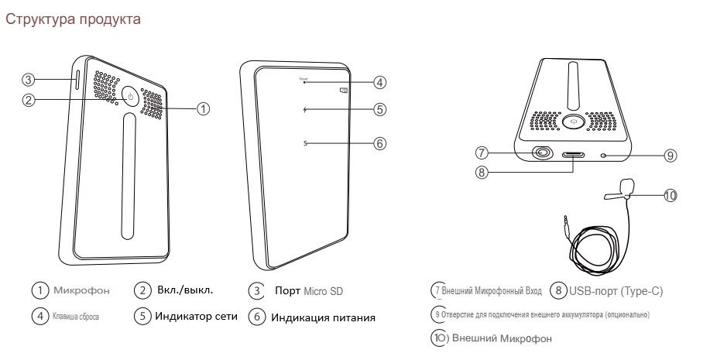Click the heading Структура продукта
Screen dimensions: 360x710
(x=73, y=19)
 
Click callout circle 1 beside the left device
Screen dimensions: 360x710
(x=202, y=108)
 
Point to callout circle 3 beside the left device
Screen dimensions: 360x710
(x=29, y=79)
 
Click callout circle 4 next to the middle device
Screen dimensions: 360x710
(x=379, y=81)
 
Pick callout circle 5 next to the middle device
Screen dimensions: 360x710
(x=379, y=109)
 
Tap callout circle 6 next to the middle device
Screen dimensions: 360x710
(x=379, y=143)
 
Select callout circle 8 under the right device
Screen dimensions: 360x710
(x=482, y=173)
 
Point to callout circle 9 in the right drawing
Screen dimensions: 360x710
(x=671, y=156)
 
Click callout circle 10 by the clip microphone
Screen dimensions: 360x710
(x=671, y=195)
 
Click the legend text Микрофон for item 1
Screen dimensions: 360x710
(x=81, y=290)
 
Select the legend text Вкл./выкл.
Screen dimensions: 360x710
(x=184, y=290)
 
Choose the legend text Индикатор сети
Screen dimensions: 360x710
(x=197, y=316)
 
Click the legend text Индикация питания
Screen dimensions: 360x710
(x=323, y=317)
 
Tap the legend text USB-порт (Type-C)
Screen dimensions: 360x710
(x=616, y=291)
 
